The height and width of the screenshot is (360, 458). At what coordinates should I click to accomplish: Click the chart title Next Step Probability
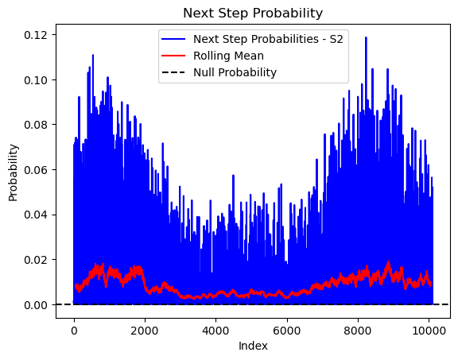click(253, 14)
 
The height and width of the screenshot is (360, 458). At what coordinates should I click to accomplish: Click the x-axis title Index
click(253, 346)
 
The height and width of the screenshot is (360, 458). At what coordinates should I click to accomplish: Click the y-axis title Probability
click(14, 172)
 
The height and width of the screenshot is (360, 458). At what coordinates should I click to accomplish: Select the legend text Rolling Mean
click(228, 56)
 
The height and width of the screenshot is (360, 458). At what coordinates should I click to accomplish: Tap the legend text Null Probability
click(235, 72)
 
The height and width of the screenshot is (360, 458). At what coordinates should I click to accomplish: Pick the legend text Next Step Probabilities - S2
click(268, 39)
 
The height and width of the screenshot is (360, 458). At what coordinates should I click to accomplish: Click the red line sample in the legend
click(173, 56)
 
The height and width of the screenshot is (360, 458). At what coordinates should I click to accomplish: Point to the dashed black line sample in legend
click(173, 72)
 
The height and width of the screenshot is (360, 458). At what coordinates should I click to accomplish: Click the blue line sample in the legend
click(173, 39)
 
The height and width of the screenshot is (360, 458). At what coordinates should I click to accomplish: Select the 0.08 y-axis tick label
click(36, 125)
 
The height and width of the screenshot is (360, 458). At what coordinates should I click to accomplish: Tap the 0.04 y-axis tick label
click(36, 215)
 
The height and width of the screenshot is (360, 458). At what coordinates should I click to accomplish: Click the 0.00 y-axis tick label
click(36, 305)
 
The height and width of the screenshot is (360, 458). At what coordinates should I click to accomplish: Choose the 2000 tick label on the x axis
click(145, 331)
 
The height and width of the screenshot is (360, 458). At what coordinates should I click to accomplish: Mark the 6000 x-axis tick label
click(287, 331)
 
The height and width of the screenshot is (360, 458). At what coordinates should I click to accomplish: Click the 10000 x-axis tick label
click(429, 331)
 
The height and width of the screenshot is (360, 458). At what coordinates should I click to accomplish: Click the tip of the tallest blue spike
click(366, 37)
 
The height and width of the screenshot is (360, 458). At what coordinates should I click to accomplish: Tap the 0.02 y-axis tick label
click(36, 260)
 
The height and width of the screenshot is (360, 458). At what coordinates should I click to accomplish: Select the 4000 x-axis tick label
click(215, 331)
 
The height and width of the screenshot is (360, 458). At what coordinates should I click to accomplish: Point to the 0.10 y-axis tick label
click(36, 80)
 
